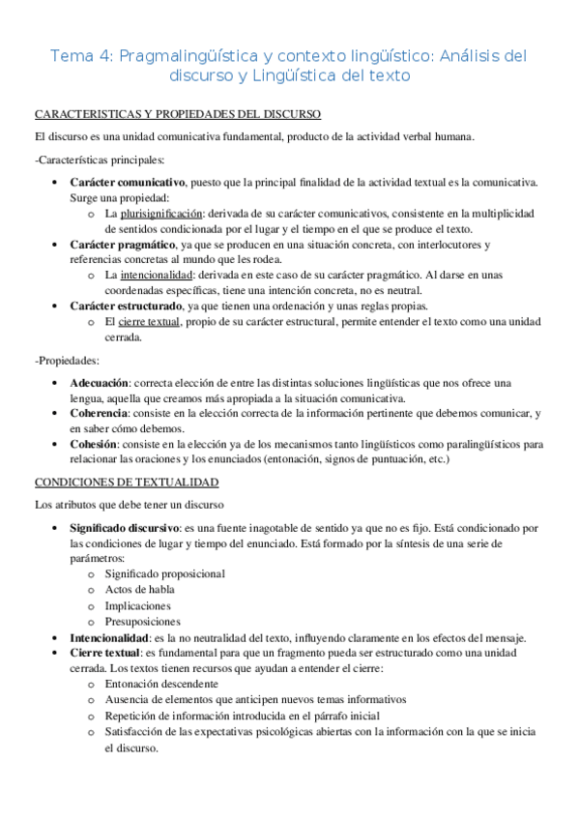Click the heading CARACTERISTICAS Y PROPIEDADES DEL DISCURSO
[x=178, y=114]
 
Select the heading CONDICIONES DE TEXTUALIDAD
[x=127, y=482]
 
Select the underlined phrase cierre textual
[x=149, y=322]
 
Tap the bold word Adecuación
[x=100, y=384]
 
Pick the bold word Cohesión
[x=94, y=445]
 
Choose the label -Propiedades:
[x=68, y=361]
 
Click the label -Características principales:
[x=100, y=160]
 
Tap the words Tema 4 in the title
[x=80, y=56]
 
